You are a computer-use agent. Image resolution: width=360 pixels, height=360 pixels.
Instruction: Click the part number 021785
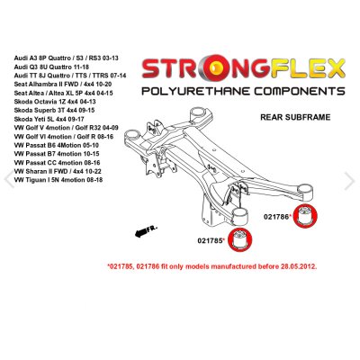pyautogui.click(x=210, y=240)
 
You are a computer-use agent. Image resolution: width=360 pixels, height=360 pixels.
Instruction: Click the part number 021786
pyautogui.click(x=276, y=216)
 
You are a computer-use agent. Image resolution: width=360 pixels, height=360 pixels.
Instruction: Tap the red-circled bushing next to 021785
pyautogui.click(x=240, y=239)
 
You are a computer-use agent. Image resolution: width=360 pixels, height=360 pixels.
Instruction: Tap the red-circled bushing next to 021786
pyautogui.click(x=305, y=216)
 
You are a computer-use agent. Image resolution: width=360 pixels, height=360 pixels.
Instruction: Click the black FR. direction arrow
pyautogui.click(x=145, y=231)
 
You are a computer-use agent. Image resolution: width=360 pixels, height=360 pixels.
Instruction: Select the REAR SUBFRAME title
pyautogui.click(x=295, y=117)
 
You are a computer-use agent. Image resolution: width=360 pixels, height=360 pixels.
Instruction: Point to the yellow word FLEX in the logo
pyautogui.click(x=309, y=68)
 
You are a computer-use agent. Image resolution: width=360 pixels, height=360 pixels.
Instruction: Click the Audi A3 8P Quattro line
pyautogui.click(x=66, y=58)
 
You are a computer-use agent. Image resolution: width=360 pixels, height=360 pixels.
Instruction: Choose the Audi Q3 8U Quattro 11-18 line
pyautogui.click(x=51, y=67)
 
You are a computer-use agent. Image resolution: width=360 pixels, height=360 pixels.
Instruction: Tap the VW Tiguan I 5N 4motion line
pyautogui.click(x=58, y=180)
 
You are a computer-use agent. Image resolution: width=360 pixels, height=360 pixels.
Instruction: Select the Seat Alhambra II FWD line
pyautogui.click(x=63, y=84)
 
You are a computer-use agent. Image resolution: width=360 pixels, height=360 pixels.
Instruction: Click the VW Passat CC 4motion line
pyautogui.click(x=57, y=163)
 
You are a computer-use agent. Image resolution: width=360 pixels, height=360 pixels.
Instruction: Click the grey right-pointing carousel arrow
pyautogui.click(x=350, y=181)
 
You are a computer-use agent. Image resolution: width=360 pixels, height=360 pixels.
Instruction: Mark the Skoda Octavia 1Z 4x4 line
pyautogui.click(x=54, y=102)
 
